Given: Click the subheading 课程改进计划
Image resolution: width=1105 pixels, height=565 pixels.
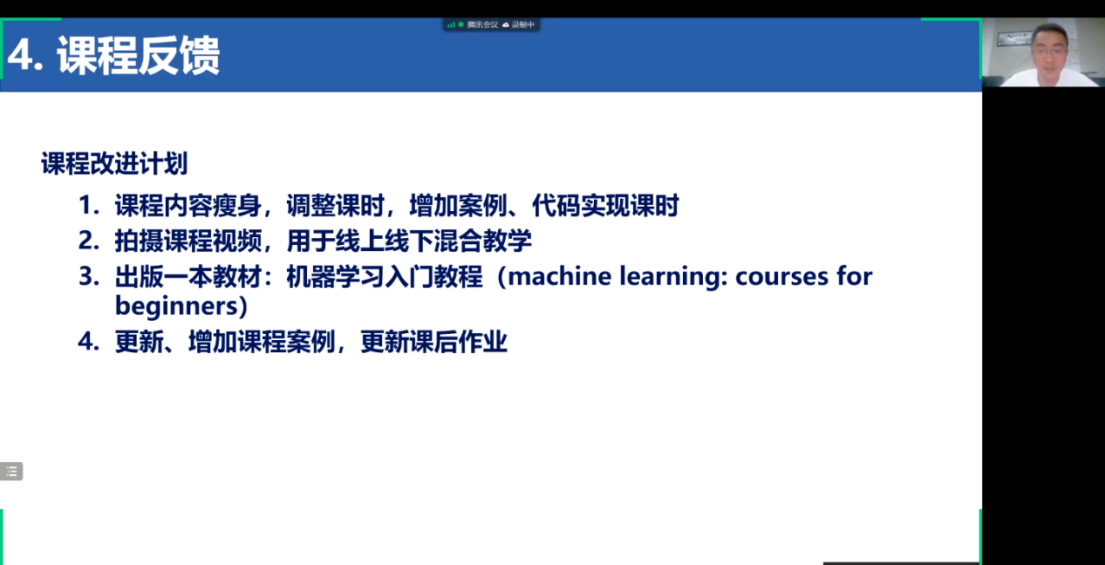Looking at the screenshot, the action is pyautogui.click(x=114, y=164).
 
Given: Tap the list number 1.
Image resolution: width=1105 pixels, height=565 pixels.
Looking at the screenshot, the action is pyautogui.click(x=89, y=205).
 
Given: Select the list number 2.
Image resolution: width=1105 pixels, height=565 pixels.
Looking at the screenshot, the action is pyautogui.click(x=89, y=241).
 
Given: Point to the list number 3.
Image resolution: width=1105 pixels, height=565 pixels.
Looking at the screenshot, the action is pyautogui.click(x=89, y=276).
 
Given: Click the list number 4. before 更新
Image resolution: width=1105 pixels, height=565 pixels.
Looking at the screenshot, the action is pyautogui.click(x=89, y=341).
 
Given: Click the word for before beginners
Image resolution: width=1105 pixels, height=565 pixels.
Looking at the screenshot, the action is pyautogui.click(x=855, y=276).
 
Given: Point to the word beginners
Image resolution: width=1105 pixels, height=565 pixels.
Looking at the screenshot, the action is pyautogui.click(x=176, y=307).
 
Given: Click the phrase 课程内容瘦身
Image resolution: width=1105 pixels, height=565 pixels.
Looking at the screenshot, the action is pyautogui.click(x=188, y=205).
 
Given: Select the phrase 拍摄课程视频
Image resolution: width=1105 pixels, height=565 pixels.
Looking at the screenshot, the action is pyautogui.click(x=188, y=241).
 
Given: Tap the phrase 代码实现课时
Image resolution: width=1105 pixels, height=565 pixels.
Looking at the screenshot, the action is pyautogui.click(x=606, y=205).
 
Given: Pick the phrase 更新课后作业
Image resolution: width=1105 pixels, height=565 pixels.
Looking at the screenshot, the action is pyautogui.click(x=433, y=341).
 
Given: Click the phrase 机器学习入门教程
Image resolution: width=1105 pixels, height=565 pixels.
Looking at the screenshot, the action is pyautogui.click(x=385, y=276).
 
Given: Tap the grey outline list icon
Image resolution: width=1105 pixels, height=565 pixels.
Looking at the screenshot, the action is pyautogui.click(x=11, y=472).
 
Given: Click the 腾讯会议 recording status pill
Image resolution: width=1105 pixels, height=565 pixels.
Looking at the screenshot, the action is pyautogui.click(x=491, y=24).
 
